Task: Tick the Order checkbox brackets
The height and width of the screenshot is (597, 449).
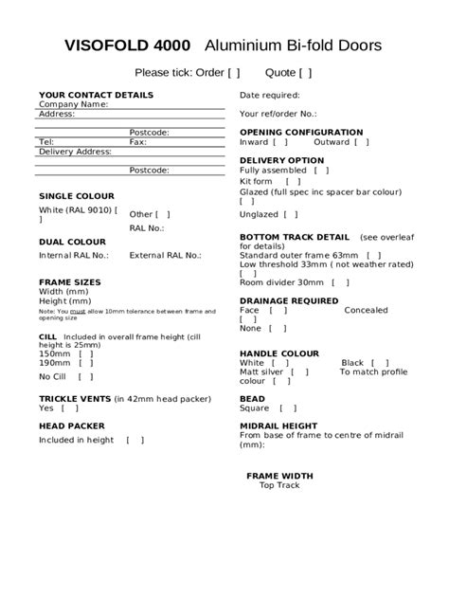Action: (x=234, y=73)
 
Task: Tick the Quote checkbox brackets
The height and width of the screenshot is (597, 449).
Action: (x=304, y=73)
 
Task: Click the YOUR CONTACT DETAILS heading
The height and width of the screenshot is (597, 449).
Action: (x=96, y=95)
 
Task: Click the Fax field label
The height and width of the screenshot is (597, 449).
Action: (x=137, y=141)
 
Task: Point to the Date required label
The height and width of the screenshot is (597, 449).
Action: (x=269, y=95)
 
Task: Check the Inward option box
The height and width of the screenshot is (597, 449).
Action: (x=280, y=142)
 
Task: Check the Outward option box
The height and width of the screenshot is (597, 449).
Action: (x=362, y=142)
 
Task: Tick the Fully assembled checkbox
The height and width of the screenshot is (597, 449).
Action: (x=321, y=171)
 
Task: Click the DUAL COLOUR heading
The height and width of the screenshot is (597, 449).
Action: (x=72, y=242)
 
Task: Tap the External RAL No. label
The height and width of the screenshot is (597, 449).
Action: (x=165, y=255)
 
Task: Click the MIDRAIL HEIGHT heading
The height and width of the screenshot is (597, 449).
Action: (x=278, y=425)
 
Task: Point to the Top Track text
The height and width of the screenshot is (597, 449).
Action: (x=278, y=485)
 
